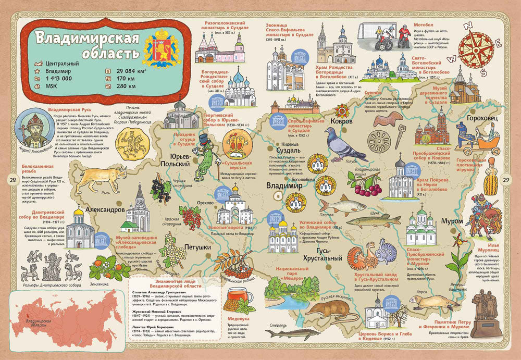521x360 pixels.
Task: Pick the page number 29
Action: coord(508,180)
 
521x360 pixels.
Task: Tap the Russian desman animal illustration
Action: coord(326,311)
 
